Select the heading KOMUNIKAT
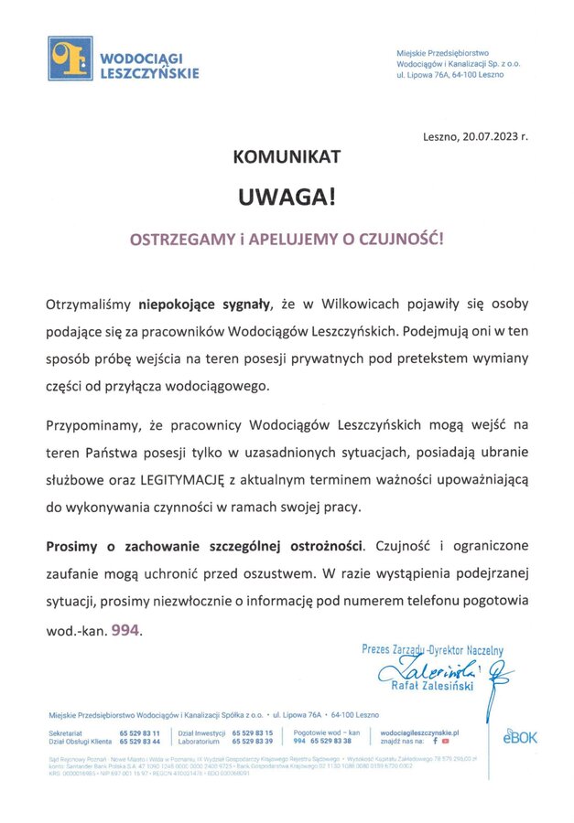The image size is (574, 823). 287,157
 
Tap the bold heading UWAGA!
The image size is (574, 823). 287,198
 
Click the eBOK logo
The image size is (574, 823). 519,736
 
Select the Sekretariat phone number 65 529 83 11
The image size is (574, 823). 139,733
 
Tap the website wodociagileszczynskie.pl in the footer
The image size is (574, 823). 418,733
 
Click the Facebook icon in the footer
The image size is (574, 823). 435,742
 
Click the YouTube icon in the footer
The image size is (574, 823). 446,742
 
